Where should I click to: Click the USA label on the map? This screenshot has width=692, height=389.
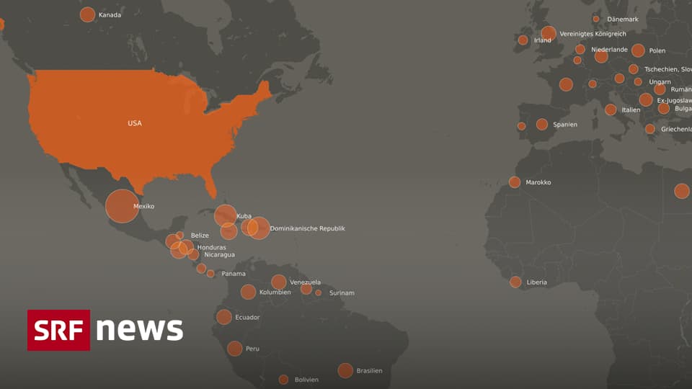coord(135,123)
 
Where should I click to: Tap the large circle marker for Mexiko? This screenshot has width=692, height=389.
coord(122,206)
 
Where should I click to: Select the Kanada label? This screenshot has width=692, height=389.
coord(110,14)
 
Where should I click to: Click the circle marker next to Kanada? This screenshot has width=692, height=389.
coord(87,14)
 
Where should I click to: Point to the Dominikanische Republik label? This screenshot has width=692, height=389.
coord(307,228)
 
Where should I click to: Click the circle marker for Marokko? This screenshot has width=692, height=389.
coord(514,182)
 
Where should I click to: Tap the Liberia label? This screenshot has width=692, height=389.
coord(536,282)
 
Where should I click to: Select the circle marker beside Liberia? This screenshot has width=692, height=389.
coord(515,282)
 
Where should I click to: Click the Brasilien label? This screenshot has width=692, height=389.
coord(369,371)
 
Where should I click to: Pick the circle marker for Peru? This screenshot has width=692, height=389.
coord(234,349)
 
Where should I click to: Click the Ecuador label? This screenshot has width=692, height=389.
coord(247,318)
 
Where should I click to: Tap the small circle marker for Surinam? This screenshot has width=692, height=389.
coord(319,292)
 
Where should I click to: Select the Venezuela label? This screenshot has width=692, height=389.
coord(305,282)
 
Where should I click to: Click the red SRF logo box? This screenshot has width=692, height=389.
coord(59,330)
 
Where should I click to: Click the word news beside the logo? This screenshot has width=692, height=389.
coord(139,329)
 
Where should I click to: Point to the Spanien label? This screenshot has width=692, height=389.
coord(564,125)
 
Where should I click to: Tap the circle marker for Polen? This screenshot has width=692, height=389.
coord(638,50)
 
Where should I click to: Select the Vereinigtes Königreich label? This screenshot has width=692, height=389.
coord(593,34)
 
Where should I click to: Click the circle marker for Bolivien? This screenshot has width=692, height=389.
coord(283,380)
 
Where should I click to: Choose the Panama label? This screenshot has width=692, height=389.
coord(233,274)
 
